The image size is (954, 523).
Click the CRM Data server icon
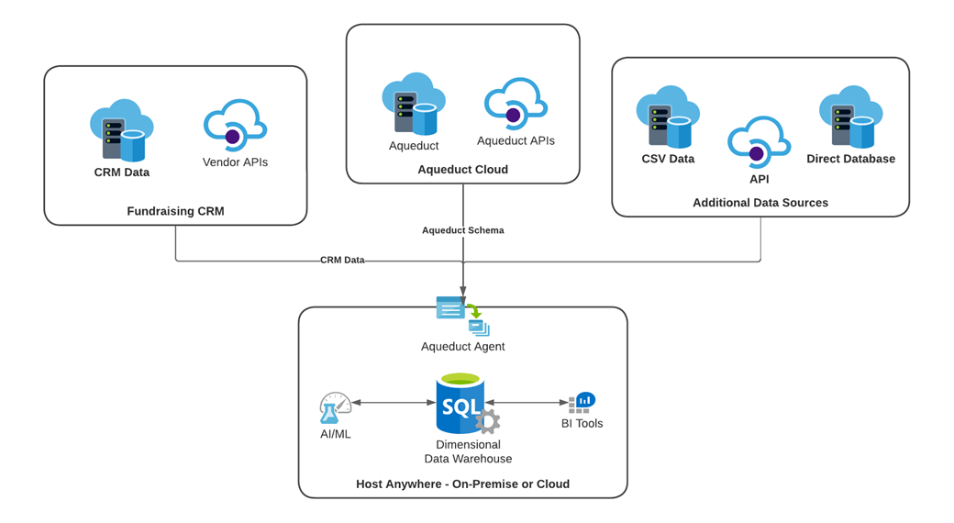[x=121, y=131]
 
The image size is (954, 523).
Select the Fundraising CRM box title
[x=175, y=211]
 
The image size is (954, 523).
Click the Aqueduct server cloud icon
[x=413, y=105]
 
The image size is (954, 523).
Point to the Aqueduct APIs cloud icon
[x=516, y=104]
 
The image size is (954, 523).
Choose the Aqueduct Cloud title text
[x=462, y=170]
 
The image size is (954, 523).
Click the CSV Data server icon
[x=668, y=117]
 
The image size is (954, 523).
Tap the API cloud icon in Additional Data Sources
[x=759, y=143]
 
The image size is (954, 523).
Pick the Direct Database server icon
[x=850, y=117]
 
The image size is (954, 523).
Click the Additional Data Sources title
[x=760, y=203]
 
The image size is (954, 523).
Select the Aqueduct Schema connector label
[x=462, y=230]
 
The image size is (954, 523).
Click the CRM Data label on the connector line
[x=342, y=261]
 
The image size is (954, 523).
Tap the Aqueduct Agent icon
[x=463, y=316]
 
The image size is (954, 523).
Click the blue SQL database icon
[x=460, y=403]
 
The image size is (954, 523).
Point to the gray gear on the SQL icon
[x=488, y=421]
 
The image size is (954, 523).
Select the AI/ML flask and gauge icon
[x=335, y=408]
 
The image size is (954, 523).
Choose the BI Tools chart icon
[x=582, y=402]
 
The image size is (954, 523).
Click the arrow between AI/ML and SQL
[x=394, y=403]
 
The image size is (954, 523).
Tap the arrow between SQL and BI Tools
[x=527, y=403]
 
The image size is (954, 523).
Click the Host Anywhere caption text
[x=462, y=484]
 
